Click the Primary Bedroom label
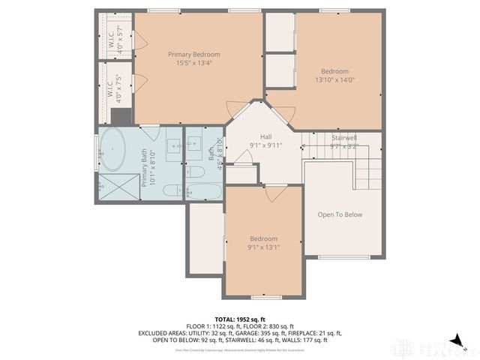pyautogui.click(x=194, y=54)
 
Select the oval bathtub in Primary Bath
pyautogui.click(x=114, y=149)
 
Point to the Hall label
pyautogui.click(x=265, y=136)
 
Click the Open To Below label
pyautogui.click(x=340, y=214)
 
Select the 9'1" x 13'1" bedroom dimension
pyautogui.click(x=264, y=247)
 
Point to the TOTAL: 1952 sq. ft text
pyautogui.click(x=240, y=319)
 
